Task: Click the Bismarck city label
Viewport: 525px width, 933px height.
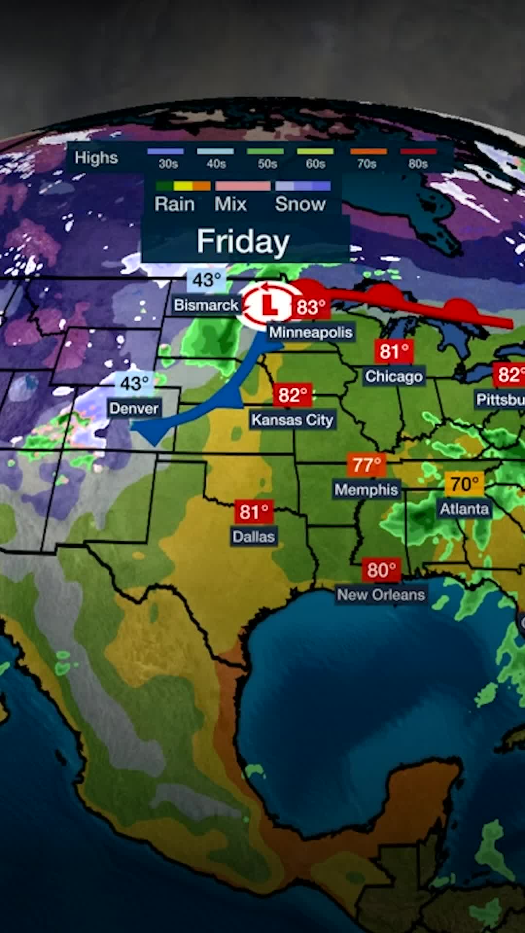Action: tap(206, 305)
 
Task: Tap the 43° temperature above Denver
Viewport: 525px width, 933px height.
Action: tap(134, 384)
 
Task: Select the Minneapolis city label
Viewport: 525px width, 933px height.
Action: tap(311, 332)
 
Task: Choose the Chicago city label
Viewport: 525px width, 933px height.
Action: tap(394, 376)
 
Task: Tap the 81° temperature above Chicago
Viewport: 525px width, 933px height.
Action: tap(394, 351)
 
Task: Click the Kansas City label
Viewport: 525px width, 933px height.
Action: tap(292, 419)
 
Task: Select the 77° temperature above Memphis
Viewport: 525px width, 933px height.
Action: tap(367, 465)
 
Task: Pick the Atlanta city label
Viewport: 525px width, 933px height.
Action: tap(464, 509)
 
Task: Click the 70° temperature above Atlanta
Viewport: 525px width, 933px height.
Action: tap(464, 484)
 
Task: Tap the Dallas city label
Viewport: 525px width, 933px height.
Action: tap(254, 536)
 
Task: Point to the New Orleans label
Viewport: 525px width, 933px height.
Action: tap(381, 594)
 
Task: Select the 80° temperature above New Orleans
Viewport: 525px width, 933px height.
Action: tap(381, 570)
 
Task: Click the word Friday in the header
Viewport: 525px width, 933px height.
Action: tap(243, 241)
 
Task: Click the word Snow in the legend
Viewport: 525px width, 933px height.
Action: tap(300, 204)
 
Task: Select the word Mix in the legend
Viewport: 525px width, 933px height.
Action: tap(231, 204)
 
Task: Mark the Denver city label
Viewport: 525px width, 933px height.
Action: tap(134, 408)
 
